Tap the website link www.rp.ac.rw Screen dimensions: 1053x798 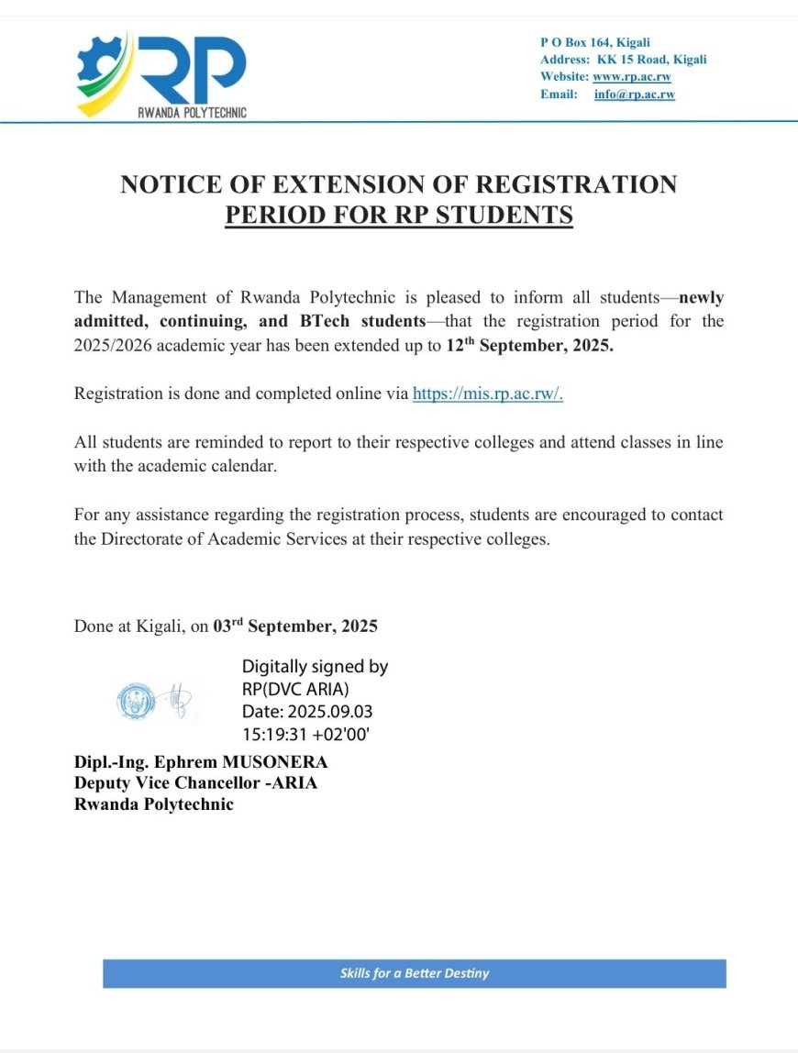[632, 77]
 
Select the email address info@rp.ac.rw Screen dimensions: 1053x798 [634, 94]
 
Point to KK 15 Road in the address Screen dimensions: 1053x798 [640, 60]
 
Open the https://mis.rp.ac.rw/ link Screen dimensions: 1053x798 [494, 394]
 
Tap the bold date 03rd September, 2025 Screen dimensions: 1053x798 [294, 627]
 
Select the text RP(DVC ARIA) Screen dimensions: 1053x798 [295, 690]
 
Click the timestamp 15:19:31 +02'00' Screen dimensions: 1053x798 [305, 734]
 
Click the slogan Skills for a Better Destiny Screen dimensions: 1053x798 [414, 973]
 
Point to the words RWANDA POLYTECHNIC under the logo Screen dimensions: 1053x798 [191, 112]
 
